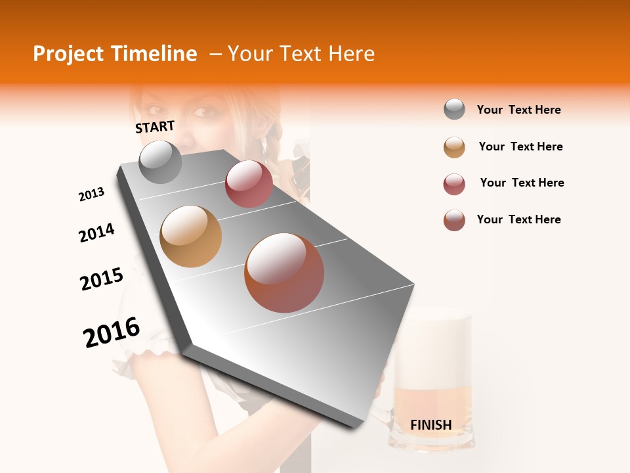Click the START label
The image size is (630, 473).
point(155,127)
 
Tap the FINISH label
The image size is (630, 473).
point(430,425)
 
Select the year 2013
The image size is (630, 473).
point(91,194)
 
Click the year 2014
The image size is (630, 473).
point(96,233)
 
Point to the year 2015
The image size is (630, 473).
point(102,279)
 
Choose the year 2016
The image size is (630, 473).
point(112,332)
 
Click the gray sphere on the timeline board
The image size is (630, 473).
point(161,162)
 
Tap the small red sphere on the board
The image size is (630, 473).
point(249,184)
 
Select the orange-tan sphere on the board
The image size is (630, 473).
point(191,236)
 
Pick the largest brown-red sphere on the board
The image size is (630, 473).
point(284,273)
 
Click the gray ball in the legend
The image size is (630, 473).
point(454,110)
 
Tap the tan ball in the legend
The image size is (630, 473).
point(454,147)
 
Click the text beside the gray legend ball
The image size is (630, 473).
point(518,110)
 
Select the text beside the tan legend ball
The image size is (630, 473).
point(520,146)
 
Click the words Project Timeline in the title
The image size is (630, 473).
point(115,54)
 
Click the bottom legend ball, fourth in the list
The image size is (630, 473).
point(454,220)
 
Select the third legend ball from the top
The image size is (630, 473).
point(454,184)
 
